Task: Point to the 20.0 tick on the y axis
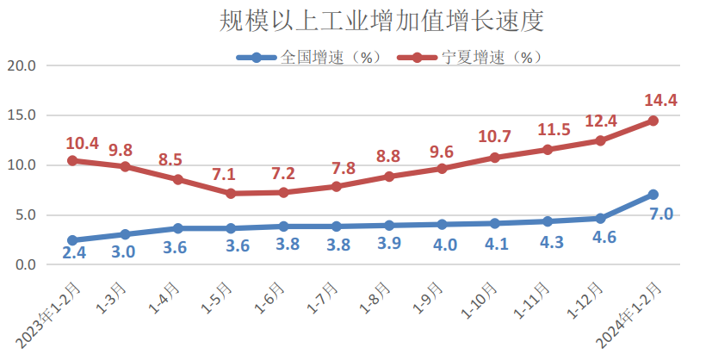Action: [21, 65]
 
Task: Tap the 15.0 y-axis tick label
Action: [21, 115]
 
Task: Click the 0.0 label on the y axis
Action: [25, 264]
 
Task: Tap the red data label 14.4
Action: [660, 101]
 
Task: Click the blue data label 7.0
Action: [660, 214]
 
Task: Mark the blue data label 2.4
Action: [74, 252]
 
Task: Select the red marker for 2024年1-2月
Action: [653, 121]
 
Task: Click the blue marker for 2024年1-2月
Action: [653, 195]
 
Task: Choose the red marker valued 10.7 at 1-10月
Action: [495, 158]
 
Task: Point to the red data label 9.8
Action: [120, 150]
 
